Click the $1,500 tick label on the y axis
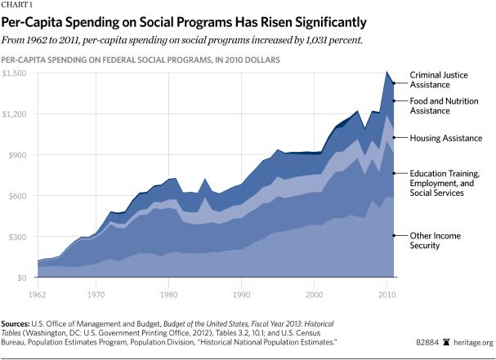[x=14, y=73]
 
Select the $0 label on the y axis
[x=21, y=278]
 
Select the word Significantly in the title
[x=312, y=21]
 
